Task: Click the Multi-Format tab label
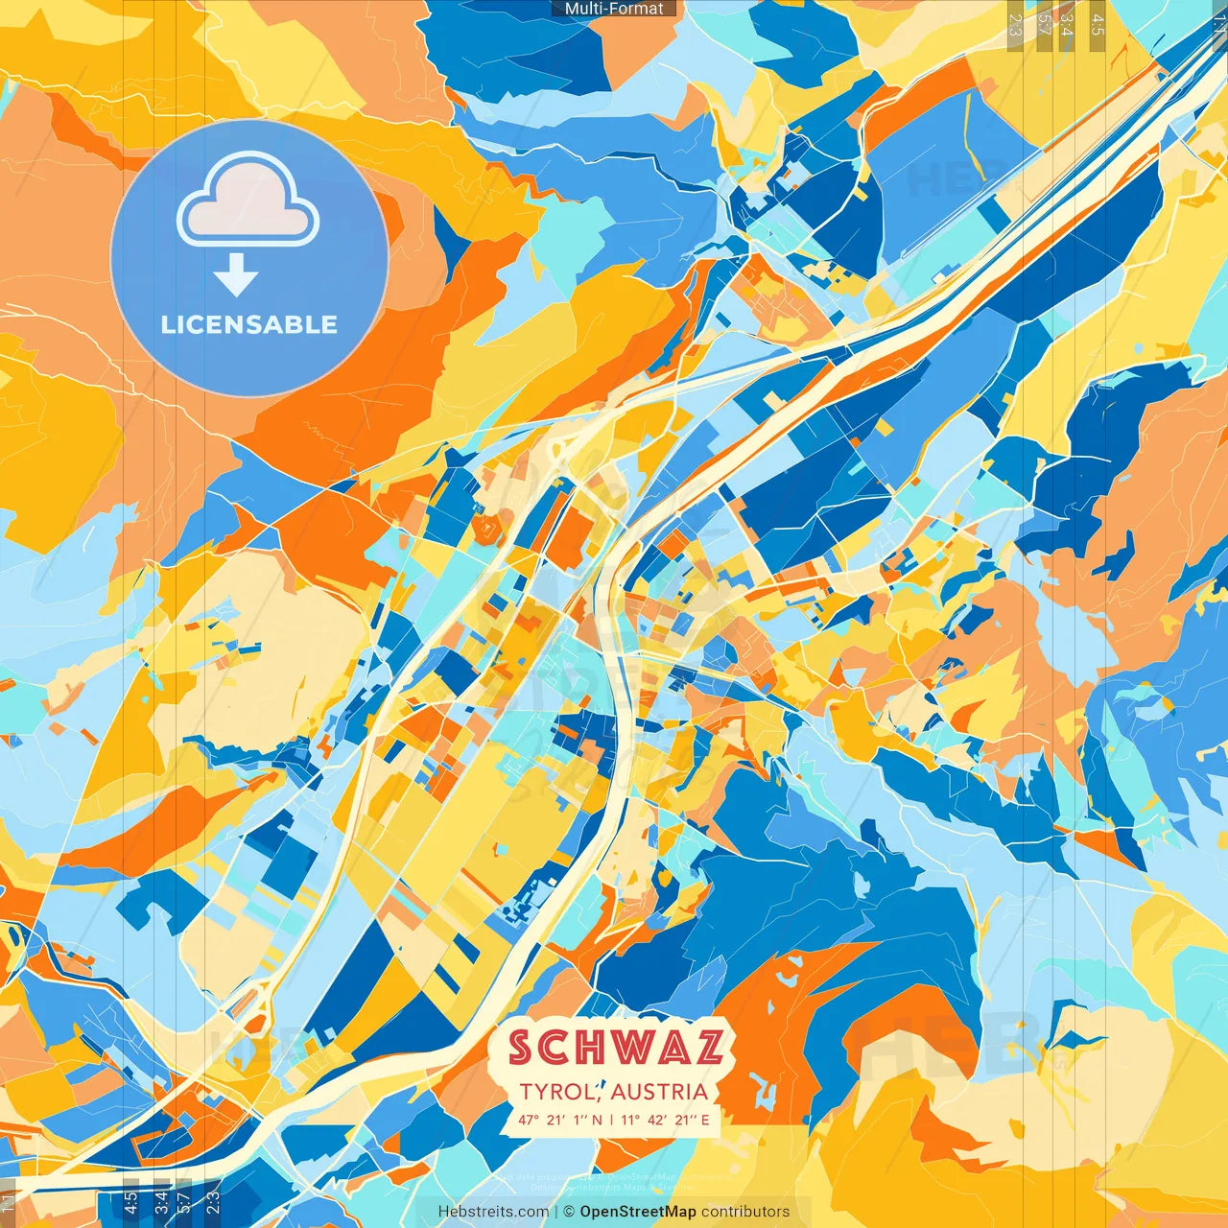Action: click(614, 9)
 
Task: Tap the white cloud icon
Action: click(248, 202)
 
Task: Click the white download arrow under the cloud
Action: click(236, 275)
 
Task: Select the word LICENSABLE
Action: click(249, 324)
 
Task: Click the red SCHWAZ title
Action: click(615, 1048)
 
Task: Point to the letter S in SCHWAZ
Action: click(521, 1048)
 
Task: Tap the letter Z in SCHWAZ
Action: click(707, 1048)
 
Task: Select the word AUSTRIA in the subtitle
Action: click(659, 1092)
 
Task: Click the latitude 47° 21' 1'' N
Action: click(560, 1120)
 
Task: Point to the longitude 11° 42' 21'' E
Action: click(666, 1120)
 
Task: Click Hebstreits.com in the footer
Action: click(494, 1212)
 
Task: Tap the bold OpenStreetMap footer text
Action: click(638, 1212)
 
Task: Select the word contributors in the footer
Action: click(745, 1212)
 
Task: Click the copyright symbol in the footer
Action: click(568, 1212)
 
